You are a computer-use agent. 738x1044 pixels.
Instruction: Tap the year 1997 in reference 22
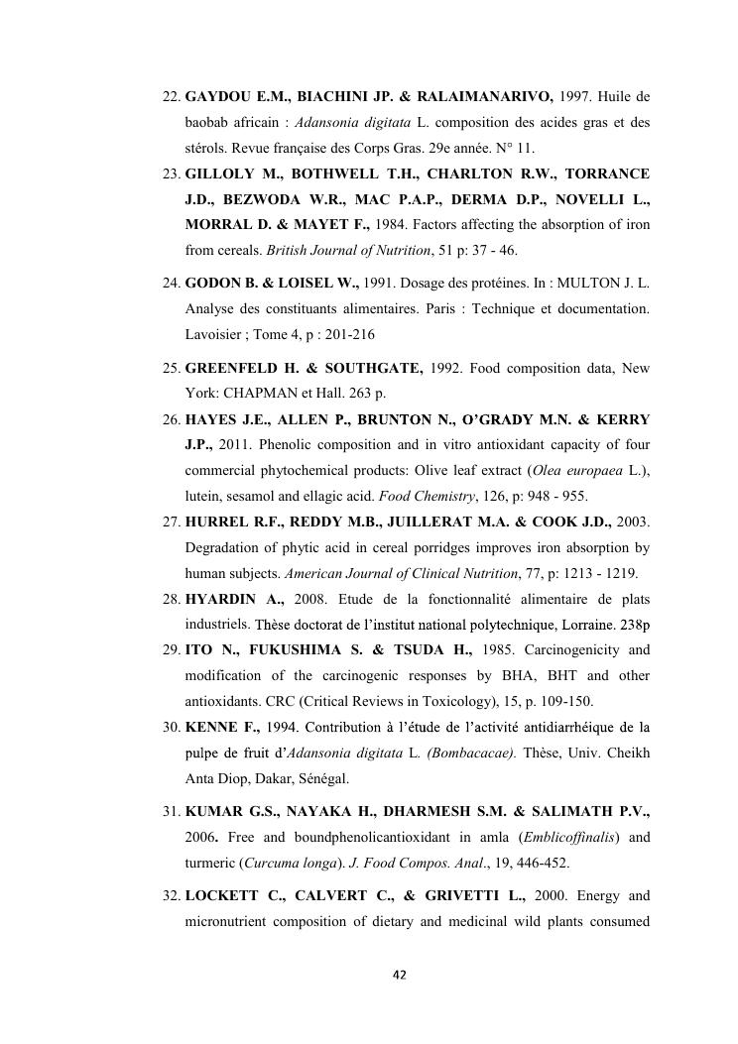(x=577, y=98)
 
